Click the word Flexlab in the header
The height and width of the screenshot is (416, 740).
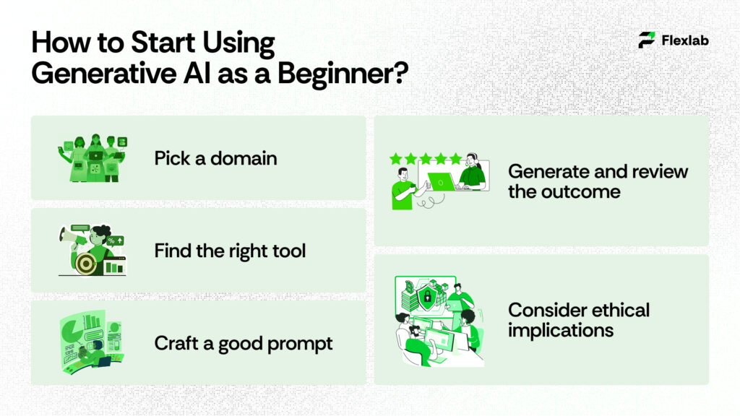(685, 40)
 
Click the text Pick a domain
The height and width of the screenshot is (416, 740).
(215, 158)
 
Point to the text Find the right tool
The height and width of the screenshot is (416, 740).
(230, 251)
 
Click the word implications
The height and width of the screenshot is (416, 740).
(561, 330)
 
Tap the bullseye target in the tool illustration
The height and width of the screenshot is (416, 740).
(85, 264)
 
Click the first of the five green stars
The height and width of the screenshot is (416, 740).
(396, 158)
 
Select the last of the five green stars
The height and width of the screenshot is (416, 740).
(456, 158)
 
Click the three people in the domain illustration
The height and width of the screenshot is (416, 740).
(92, 157)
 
